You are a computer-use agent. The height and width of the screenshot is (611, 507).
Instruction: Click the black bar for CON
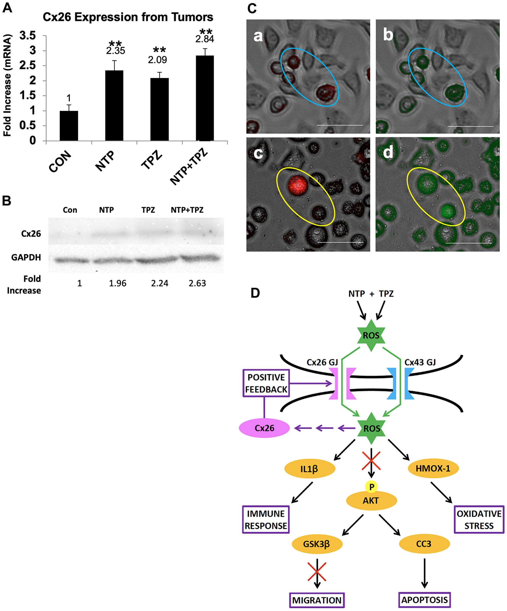pos(69,126)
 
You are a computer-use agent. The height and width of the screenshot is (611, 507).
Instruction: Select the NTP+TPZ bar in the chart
pos(205,98)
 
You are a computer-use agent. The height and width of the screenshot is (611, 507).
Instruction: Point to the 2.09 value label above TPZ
pos(157,60)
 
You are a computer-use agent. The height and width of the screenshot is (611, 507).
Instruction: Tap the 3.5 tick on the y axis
pos(28,36)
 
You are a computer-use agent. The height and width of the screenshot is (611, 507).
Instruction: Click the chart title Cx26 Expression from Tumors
pos(128,17)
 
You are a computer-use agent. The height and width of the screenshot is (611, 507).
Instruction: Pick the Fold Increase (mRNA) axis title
pos(7,85)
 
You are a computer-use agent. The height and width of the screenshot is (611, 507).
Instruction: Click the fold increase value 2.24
pos(159,283)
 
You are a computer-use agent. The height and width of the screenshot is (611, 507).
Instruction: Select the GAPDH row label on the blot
pos(26,257)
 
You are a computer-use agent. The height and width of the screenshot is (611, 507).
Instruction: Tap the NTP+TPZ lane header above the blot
pos(187,210)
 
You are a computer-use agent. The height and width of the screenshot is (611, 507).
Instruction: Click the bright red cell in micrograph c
pos(298,185)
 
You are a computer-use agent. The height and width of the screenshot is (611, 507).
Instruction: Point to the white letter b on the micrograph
pos(388,35)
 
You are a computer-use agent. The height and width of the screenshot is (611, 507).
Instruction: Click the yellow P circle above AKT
pos(371,486)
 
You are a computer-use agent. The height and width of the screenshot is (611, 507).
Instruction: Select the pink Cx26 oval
pos(264,428)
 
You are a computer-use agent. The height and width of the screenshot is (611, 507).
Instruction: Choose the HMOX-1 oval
pos(433,468)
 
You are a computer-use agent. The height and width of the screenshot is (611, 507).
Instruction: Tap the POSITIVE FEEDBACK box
pos(266,383)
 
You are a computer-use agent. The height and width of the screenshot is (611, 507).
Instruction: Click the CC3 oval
pos(424,544)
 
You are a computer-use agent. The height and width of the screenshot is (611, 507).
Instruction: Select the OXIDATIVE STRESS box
pos(479,520)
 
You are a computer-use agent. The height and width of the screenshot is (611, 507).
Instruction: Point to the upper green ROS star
pos(371,335)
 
